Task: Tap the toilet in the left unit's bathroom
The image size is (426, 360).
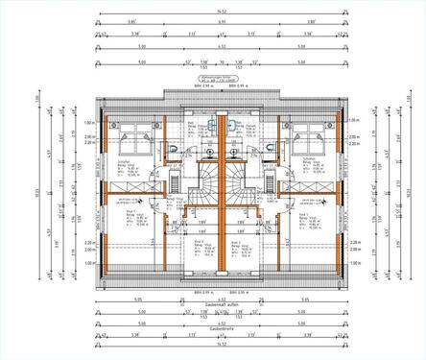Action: (170, 150)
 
